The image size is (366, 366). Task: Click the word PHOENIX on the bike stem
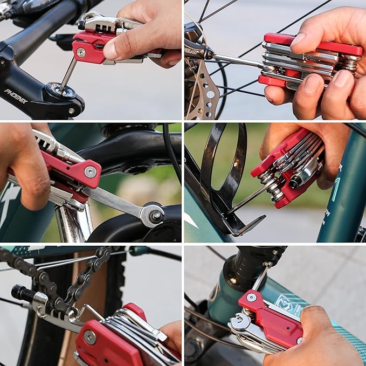tap(16, 96)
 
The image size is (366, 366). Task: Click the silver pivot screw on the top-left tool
tap(80, 52)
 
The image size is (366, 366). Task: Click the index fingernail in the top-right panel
tap(298, 39)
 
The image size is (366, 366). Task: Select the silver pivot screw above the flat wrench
tap(90, 172)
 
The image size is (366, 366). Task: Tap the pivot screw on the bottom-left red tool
tap(89, 338)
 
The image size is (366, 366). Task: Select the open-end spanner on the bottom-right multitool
tap(240, 324)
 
